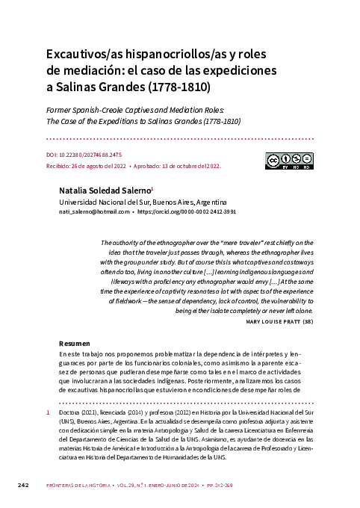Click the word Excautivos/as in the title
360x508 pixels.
pos(83,55)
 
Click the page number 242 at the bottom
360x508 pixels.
pos(23,486)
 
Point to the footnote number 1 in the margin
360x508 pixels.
pos(49,413)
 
